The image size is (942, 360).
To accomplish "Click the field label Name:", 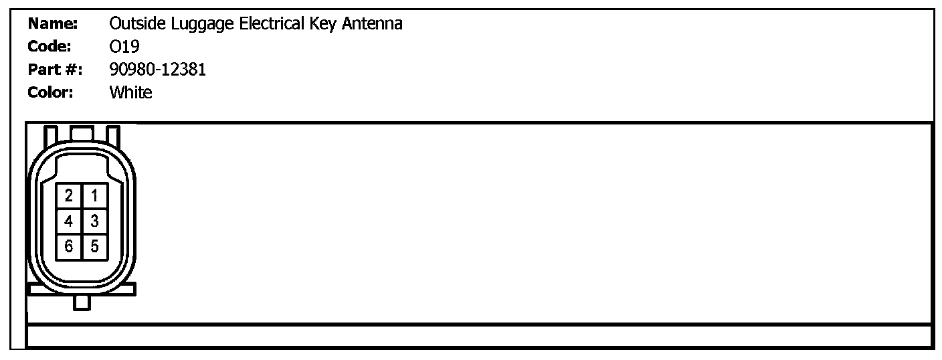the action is coord(54,24).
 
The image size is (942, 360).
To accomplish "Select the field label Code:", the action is coord(50,47).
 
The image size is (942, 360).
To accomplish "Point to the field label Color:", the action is coord(51,92).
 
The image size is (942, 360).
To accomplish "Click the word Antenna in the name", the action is coord(373,24).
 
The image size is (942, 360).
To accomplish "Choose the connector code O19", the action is coord(124,47).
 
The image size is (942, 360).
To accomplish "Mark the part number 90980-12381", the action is coord(157,70).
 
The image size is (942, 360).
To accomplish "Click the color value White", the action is coord(130,92).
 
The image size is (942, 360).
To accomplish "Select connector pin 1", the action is coord(94,195).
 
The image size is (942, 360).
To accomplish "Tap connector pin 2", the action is coord(69,195).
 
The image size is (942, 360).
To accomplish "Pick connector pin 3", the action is coord(94,220).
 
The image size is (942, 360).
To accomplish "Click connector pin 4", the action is coord(69,220).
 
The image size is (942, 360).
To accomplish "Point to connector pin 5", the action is coord(94,246).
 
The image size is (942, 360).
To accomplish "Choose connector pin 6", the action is coord(69,246).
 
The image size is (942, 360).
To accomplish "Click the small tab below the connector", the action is coord(82,302).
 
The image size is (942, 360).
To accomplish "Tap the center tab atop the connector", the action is coord(82,132).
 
